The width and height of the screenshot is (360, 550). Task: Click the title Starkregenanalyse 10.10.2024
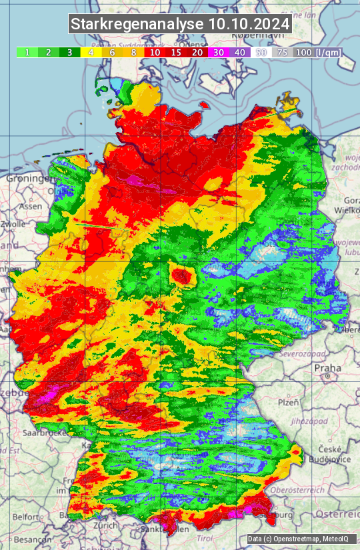pyautogui.click(x=180, y=25)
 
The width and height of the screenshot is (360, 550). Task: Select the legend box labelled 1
pyautogui.click(x=27, y=52)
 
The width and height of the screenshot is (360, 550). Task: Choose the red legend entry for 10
pyautogui.click(x=155, y=52)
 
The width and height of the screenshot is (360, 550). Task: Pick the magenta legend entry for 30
pyautogui.click(x=219, y=52)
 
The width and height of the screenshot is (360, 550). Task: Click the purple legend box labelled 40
pyautogui.click(x=240, y=52)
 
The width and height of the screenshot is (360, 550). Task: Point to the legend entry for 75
pyautogui.click(x=283, y=52)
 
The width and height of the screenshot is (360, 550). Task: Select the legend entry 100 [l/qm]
pyautogui.click(x=317, y=52)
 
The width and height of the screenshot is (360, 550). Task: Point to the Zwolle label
pyautogui.click(x=13, y=224)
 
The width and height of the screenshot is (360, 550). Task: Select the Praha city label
pyautogui.click(x=328, y=367)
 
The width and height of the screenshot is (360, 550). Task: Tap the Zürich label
pyautogui.click(x=106, y=525)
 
